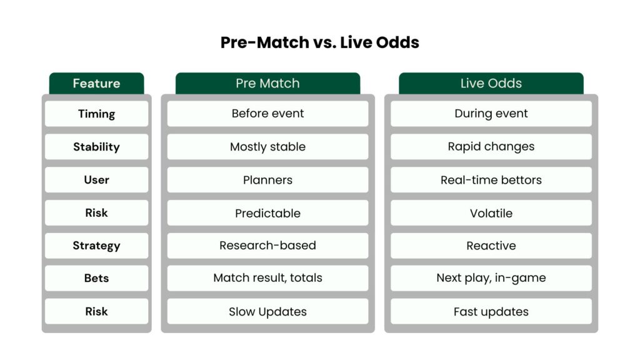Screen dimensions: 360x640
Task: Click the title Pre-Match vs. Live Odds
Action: [319, 42]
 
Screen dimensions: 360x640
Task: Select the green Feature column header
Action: [96, 83]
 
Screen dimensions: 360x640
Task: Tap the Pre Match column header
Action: [267, 83]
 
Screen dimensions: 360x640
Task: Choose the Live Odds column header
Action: [491, 83]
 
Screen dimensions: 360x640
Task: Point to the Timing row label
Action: [96, 114]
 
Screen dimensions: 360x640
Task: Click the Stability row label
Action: [96, 147]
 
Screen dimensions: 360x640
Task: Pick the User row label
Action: [96, 180]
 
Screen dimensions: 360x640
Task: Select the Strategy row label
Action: [96, 246]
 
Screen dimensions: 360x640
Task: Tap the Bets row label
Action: [96, 279]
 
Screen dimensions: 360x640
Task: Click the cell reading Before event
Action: [267, 114]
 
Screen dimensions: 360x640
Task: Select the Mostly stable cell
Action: [267, 147]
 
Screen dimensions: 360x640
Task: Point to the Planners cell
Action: [267, 180]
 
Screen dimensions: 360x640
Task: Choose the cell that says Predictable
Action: [267, 213]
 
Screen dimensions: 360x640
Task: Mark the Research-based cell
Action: [267, 246]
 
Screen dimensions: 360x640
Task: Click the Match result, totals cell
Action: [267, 279]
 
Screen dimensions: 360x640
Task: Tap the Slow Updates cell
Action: [267, 312]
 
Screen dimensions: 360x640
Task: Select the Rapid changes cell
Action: [491, 147]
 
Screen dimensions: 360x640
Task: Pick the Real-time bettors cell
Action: [491, 180]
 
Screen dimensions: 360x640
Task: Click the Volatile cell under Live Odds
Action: [491, 213]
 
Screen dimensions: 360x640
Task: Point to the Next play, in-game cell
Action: [491, 279]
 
